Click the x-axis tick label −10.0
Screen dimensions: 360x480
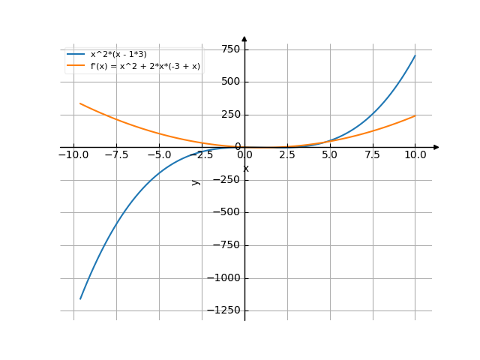coord(73,155)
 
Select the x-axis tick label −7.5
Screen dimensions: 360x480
coord(115,155)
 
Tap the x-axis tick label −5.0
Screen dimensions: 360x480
coord(158,155)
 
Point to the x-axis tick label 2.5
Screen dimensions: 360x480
coord(286,155)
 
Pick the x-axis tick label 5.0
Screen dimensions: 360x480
coord(329,155)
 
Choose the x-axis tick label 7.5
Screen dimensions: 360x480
coord(372,155)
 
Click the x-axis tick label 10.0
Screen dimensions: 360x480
coord(415,155)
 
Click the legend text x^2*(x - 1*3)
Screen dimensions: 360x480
coord(118,54)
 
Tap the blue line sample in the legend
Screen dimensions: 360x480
coord(75,54)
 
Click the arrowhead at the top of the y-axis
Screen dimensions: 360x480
coord(244,38)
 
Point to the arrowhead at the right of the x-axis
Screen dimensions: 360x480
coord(436,147)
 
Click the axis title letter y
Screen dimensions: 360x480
coord(196,182)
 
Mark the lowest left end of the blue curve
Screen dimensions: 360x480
coord(79,299)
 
